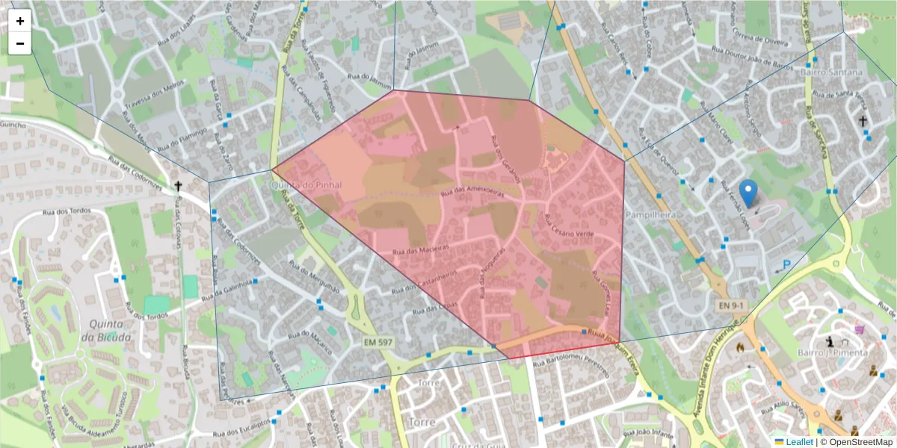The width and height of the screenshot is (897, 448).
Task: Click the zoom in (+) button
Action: click(x=20, y=21)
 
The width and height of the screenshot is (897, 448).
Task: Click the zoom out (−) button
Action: click(x=20, y=43)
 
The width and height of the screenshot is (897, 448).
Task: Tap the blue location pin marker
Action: click(x=747, y=193)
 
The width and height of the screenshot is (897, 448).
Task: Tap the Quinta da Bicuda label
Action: click(x=111, y=330)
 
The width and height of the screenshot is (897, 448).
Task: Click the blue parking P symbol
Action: click(x=786, y=264)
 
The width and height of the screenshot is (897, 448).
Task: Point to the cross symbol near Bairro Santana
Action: click(x=863, y=120)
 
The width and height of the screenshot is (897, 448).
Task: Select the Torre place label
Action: click(x=430, y=383)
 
